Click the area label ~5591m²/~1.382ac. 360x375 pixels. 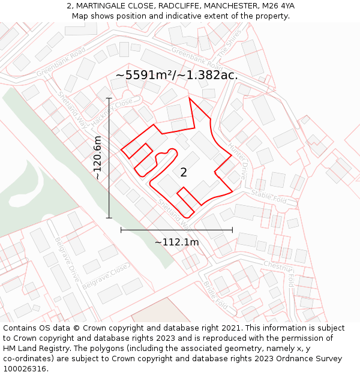pyautogui.click(x=176, y=75)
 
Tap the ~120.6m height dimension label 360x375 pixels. pyautogui.click(x=98, y=158)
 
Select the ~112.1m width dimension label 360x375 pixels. pyautogui.click(x=176, y=242)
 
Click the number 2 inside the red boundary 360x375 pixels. pyautogui.click(x=184, y=172)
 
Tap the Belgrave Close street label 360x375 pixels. pyautogui.click(x=105, y=275)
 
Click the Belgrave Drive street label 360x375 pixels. pyautogui.click(x=67, y=259)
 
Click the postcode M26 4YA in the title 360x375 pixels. pyautogui.click(x=275, y=6)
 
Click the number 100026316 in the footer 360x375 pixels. pyautogui.click(x=26, y=369)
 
